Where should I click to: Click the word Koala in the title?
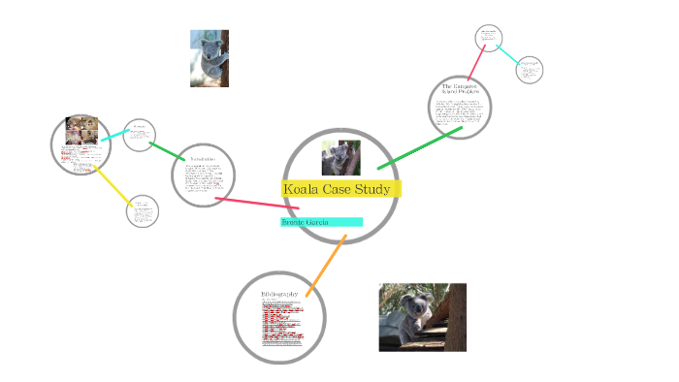[302, 188]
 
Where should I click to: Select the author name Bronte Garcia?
[306, 222]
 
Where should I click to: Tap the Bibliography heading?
[279, 293]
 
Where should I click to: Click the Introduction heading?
[203, 158]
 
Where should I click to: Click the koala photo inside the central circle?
[340, 157]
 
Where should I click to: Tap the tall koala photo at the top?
[210, 58]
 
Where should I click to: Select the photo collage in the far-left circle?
[81, 130]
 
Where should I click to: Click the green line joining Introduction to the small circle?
[168, 151]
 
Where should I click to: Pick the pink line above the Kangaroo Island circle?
[477, 62]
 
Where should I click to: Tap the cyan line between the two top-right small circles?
[509, 54]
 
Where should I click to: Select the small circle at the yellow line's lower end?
[142, 210]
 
